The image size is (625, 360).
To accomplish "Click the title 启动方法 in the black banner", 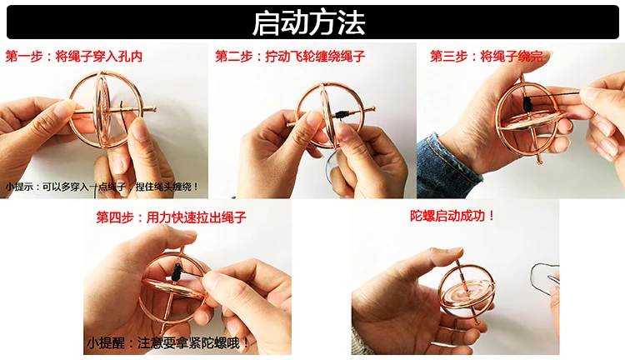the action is pos(309,22).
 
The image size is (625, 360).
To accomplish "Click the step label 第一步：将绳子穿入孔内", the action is pos(73,56).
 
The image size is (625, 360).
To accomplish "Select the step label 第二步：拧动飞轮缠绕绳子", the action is pos(290,56).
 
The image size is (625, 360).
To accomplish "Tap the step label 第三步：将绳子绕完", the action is pos(487,56).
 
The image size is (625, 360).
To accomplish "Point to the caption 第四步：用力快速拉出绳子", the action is pos(172,217).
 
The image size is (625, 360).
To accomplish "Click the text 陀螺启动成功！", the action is pos(452,216).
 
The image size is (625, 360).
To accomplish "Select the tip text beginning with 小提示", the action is pos(102,186).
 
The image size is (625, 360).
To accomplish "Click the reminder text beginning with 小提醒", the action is pos(167,342).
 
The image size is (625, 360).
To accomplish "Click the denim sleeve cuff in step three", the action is pos(446,167).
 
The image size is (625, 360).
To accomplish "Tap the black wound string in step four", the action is pos(177,272).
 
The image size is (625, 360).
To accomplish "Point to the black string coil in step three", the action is pos(527,104).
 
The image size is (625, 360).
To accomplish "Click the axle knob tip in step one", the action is pos(153,108).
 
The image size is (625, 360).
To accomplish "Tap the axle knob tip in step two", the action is pos(372,108).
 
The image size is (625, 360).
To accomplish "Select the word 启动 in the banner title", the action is pos(280,22).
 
